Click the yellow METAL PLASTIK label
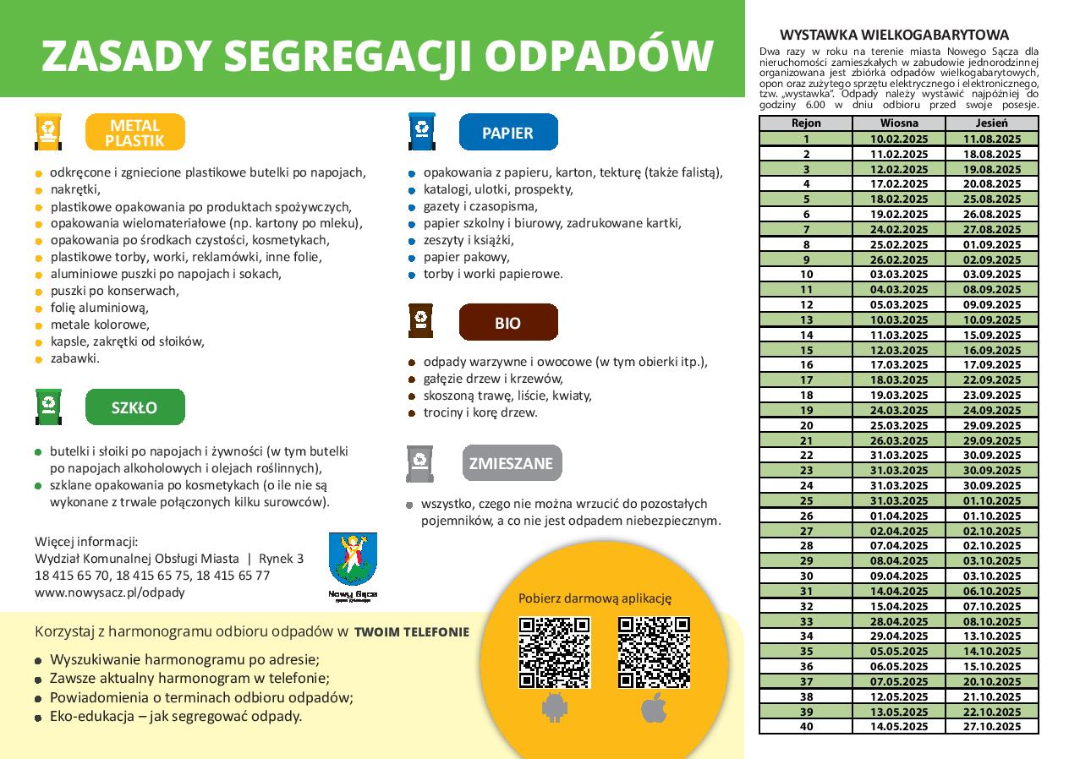135,133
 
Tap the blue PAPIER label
507,133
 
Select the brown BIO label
507,323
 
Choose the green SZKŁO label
135,407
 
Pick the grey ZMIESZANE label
511,463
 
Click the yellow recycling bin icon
49,132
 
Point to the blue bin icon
421,131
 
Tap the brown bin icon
420,321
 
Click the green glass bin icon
49,407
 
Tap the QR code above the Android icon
554,652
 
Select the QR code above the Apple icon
654,652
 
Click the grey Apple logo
653,709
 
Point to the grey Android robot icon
554,709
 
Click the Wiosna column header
898,123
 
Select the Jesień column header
991,123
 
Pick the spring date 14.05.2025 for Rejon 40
898,727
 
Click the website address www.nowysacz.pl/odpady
110,592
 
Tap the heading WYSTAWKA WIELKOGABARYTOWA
894,35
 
